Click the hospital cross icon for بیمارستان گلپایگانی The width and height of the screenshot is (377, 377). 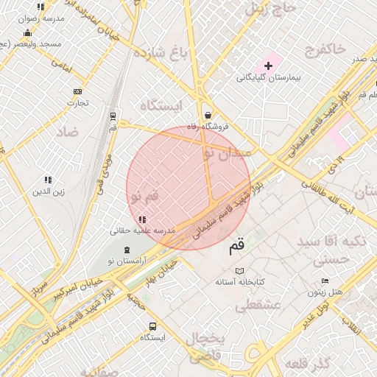[268, 66]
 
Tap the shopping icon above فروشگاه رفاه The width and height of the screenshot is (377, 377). [208, 115]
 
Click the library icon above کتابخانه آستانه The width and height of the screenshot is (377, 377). [239, 271]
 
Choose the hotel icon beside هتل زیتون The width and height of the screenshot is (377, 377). [325, 282]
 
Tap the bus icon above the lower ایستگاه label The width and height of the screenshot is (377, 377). [152, 326]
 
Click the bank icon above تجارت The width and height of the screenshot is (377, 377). [77, 91]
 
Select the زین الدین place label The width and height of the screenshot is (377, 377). [48, 192]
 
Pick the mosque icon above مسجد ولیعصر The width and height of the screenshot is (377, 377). [27, 32]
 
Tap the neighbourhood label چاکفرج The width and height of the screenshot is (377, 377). [323, 49]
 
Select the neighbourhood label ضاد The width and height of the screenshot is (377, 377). [66, 132]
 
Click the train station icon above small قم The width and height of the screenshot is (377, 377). [113, 116]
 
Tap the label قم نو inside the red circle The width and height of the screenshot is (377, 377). [144, 197]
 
